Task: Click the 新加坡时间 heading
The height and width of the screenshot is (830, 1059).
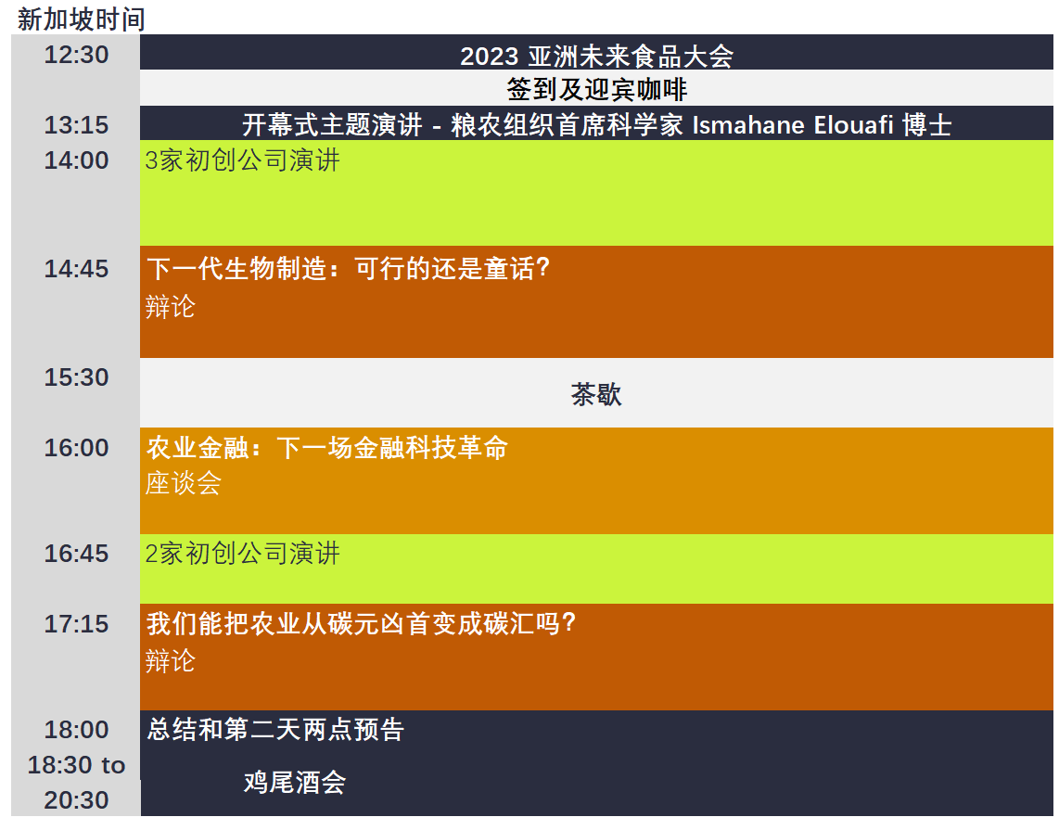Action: click(81, 19)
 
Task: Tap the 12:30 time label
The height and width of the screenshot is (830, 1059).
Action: click(76, 55)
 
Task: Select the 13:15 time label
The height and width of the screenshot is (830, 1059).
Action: click(76, 125)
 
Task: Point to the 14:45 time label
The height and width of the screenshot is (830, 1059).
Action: click(76, 269)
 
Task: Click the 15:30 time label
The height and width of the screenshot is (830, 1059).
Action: click(76, 377)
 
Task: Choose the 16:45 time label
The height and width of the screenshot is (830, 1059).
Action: click(76, 553)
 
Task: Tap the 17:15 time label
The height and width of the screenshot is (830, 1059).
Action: click(76, 623)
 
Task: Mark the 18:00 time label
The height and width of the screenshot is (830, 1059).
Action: click(76, 729)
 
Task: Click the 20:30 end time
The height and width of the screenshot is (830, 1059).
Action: click(76, 800)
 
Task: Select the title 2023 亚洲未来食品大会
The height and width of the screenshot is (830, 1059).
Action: click(596, 56)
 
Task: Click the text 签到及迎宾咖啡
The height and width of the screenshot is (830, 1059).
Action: click(596, 89)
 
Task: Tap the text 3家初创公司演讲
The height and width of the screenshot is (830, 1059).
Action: click(242, 160)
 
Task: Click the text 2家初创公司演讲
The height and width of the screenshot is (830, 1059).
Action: click(242, 553)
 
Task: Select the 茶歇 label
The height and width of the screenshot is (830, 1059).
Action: click(596, 394)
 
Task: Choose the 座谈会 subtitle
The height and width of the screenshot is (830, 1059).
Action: click(184, 483)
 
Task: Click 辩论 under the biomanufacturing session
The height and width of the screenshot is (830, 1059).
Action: click(171, 307)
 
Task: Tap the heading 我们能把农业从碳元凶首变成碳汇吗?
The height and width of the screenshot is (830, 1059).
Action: click(362, 623)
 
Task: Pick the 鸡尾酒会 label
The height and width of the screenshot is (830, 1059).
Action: click(295, 783)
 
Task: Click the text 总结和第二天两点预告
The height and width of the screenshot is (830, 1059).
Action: click(275, 729)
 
